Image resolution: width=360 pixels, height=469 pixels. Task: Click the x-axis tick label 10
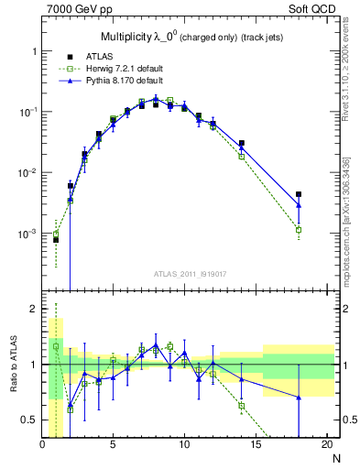184,444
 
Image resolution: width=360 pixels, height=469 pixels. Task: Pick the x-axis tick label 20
326,444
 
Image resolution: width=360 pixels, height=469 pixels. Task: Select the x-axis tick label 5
114,444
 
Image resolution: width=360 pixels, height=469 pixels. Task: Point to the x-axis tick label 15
255,444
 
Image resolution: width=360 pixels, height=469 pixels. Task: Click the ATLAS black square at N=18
299,194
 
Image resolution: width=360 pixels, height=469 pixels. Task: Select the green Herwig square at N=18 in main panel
299,230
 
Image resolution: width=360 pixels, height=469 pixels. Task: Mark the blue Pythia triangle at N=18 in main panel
299,205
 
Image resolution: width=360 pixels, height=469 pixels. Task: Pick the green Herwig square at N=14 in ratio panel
242,405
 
